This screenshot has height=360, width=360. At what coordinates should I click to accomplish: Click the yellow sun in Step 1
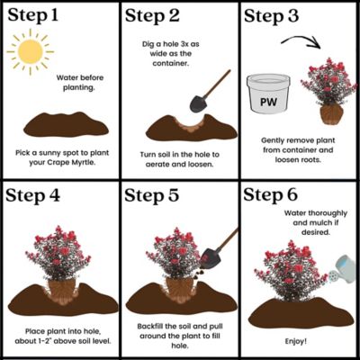(x=30, y=51)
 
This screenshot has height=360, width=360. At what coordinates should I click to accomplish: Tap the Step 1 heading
(x=32, y=15)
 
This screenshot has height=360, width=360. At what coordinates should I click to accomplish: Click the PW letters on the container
(x=268, y=102)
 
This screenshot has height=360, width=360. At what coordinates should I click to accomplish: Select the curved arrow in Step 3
(x=301, y=41)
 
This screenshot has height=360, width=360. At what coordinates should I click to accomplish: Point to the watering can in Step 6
(x=343, y=269)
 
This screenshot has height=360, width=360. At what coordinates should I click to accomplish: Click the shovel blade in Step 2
(x=198, y=103)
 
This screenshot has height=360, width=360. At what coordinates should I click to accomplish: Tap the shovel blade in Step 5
(x=210, y=258)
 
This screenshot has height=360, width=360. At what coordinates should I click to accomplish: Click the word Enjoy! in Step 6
(x=296, y=341)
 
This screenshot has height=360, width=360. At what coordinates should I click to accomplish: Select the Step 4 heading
(x=32, y=195)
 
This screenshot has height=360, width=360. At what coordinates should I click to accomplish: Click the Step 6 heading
(x=270, y=194)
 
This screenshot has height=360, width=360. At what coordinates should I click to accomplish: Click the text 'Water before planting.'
(x=80, y=83)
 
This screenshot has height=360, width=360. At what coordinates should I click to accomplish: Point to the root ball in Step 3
(x=331, y=115)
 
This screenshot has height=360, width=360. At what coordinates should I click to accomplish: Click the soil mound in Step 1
(x=66, y=124)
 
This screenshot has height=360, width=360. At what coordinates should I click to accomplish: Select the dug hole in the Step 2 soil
(x=189, y=125)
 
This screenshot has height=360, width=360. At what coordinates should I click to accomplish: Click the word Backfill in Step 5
(x=150, y=326)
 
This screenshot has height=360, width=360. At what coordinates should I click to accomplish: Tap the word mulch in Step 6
(x=320, y=223)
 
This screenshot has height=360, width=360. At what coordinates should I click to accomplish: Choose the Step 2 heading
(x=152, y=15)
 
